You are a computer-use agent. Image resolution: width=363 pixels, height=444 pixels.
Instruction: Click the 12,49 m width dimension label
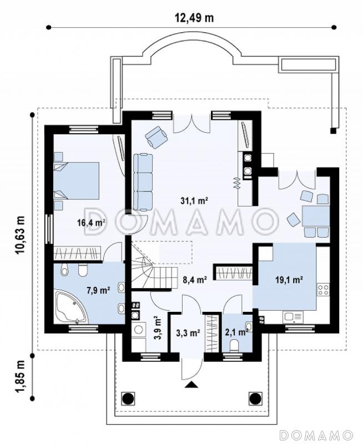pyautogui.click(x=194, y=18)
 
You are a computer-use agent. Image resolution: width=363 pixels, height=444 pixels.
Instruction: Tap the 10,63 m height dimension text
pyautogui.click(x=21, y=235)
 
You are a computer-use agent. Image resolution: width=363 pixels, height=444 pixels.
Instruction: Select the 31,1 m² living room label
pyautogui.click(x=194, y=201)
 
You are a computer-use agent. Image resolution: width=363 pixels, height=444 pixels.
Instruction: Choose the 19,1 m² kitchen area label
pyautogui.click(x=289, y=280)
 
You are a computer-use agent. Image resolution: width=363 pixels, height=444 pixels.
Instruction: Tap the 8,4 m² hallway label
pyautogui.click(x=194, y=280)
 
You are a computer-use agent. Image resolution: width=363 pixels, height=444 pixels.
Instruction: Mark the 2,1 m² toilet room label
pyautogui.click(x=236, y=332)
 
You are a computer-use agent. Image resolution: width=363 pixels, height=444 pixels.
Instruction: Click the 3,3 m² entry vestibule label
pyautogui.click(x=188, y=334)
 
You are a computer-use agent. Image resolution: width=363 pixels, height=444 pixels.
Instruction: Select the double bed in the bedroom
pyautogui.click(x=77, y=181)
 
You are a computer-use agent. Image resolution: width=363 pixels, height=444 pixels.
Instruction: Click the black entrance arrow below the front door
pyautogui.click(x=191, y=384)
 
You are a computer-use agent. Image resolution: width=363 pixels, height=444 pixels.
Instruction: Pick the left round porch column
pyautogui.click(x=128, y=398)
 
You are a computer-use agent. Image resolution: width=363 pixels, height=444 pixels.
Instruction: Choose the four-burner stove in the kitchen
pyautogui.click(x=323, y=290)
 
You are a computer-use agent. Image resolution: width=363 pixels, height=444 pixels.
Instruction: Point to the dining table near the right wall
pyautogui.click(x=316, y=216)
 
